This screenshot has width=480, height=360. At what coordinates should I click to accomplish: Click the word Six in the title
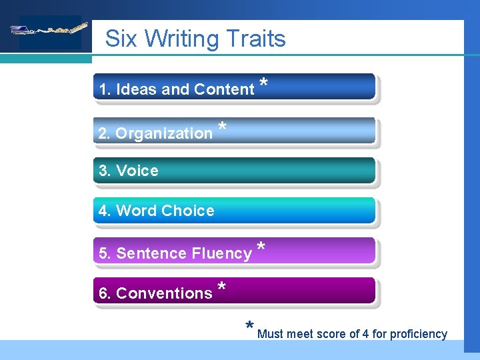(122, 38)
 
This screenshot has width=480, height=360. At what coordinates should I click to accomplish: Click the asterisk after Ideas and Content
(264, 83)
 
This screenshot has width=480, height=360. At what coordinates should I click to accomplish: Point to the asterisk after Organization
(222, 127)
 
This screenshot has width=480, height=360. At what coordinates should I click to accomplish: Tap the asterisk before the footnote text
(249, 327)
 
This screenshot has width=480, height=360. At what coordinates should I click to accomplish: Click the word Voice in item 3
(137, 171)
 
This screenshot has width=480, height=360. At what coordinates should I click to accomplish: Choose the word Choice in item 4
(188, 211)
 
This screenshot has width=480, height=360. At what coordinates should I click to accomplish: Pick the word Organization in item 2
(164, 133)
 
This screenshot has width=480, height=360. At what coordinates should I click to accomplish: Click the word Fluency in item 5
(221, 253)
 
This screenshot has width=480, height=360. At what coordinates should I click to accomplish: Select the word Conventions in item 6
(164, 293)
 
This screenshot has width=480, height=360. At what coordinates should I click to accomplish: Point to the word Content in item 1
(224, 89)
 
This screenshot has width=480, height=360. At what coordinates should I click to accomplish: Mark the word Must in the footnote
(271, 334)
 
